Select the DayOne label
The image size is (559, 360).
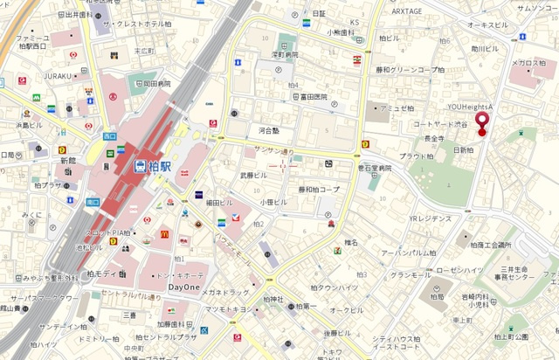[184, 287]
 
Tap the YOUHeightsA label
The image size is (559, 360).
[471, 106]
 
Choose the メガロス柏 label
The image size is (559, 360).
[528, 63]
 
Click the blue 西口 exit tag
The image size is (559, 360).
[109, 136]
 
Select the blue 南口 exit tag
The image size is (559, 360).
[93, 202]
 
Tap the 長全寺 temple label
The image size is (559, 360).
[434, 138]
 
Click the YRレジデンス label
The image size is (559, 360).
[430, 218]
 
